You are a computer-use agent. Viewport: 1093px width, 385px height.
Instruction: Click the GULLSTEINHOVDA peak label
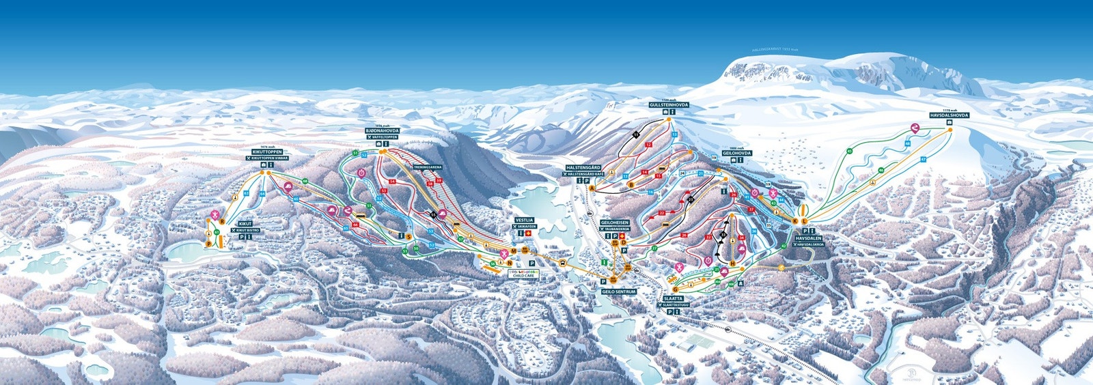669,105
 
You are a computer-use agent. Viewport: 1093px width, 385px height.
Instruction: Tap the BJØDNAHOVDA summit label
383,130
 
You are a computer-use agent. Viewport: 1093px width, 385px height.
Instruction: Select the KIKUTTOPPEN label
267,152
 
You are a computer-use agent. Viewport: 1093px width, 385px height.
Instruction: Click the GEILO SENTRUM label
619,291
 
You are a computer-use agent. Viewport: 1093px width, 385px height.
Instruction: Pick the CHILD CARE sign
525,276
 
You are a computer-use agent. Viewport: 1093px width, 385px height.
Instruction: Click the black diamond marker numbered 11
635,135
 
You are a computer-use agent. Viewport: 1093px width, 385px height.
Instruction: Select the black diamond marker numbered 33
723,233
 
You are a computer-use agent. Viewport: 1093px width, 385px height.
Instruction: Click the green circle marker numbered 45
850,151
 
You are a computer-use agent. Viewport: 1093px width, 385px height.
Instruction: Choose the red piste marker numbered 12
648,145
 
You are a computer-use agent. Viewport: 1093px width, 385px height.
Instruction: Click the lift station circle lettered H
732,263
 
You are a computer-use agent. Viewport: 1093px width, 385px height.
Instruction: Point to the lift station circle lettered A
592,188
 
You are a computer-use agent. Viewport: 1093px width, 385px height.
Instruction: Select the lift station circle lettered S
409,237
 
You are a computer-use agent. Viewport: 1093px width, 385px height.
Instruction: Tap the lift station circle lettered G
674,289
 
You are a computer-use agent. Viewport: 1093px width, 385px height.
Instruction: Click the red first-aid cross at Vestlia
528,234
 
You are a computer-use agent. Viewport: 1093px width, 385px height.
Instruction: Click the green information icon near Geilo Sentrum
604,263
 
